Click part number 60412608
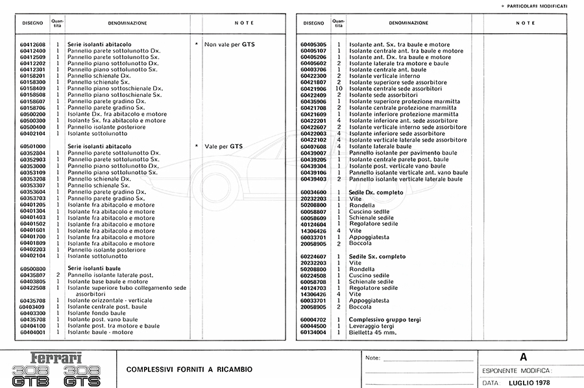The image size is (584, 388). pyautogui.click(x=32, y=44)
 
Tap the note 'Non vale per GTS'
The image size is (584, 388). pyautogui.click(x=230, y=45)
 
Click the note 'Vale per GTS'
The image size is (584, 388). pyautogui.click(x=223, y=147)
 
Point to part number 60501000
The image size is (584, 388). pyautogui.click(x=32, y=147)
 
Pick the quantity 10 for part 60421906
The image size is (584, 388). pyautogui.click(x=338, y=89)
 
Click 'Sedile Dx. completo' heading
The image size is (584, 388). pyautogui.click(x=376, y=192)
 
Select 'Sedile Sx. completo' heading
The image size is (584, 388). pyautogui.click(x=376, y=257)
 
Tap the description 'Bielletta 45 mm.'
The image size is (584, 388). pyautogui.click(x=372, y=332)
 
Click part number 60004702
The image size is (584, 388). pyautogui.click(x=313, y=320)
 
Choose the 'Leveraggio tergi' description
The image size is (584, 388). pyautogui.click(x=372, y=326)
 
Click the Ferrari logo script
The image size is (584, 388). pyautogui.click(x=56, y=358)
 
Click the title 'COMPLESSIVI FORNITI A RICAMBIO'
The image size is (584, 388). pyautogui.click(x=189, y=370)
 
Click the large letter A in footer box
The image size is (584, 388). pyautogui.click(x=523, y=357)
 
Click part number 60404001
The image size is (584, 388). pyautogui.click(x=32, y=332)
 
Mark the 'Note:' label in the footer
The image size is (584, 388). pyautogui.click(x=372, y=358)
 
